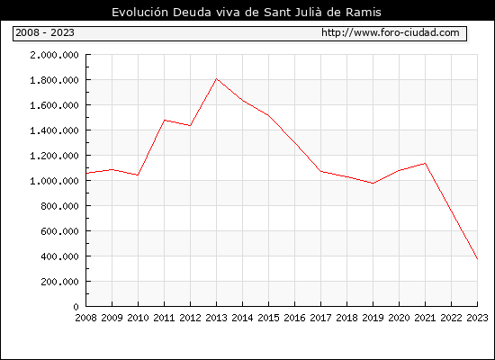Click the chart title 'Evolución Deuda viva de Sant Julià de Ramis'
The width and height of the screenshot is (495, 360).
coord(247,13)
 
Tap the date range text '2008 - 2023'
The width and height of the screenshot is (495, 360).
coord(45,32)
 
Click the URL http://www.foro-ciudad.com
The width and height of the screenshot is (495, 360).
coord(391,32)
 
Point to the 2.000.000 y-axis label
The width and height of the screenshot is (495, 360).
coord(54,55)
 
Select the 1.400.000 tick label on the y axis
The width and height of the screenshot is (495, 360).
coord(54,130)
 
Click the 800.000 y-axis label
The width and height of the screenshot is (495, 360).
coord(59,206)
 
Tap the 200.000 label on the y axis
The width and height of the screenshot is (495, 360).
coord(59,282)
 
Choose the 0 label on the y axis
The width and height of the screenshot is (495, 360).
coord(76,307)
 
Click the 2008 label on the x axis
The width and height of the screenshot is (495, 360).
coord(85,318)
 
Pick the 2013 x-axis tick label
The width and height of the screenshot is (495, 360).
coord(216,318)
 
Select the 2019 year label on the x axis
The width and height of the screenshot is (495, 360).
coord(373,318)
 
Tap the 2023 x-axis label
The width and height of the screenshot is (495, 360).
coord(477,318)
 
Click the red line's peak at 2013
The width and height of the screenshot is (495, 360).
coord(216,78)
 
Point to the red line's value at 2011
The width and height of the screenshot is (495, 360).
coord(164,121)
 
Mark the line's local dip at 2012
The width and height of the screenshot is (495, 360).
coord(191,126)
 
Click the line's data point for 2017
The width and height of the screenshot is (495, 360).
coord(320,172)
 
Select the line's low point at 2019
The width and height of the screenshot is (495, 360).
coord(373,184)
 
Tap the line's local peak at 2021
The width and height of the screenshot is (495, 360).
coord(425,163)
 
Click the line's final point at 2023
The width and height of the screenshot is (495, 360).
coord(477,259)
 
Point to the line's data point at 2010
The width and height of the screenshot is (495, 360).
coord(138,175)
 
